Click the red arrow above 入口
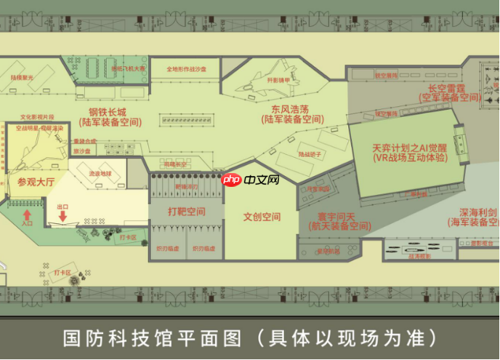coord(28,215)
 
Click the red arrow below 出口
coord(63,215)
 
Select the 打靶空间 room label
coord(187,212)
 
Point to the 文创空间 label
coord(262,217)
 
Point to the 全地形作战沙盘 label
coord(186,69)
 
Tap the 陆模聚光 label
coord(22,76)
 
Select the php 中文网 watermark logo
coord(250,180)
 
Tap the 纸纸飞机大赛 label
coord(128,68)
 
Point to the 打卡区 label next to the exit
coord(128,237)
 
